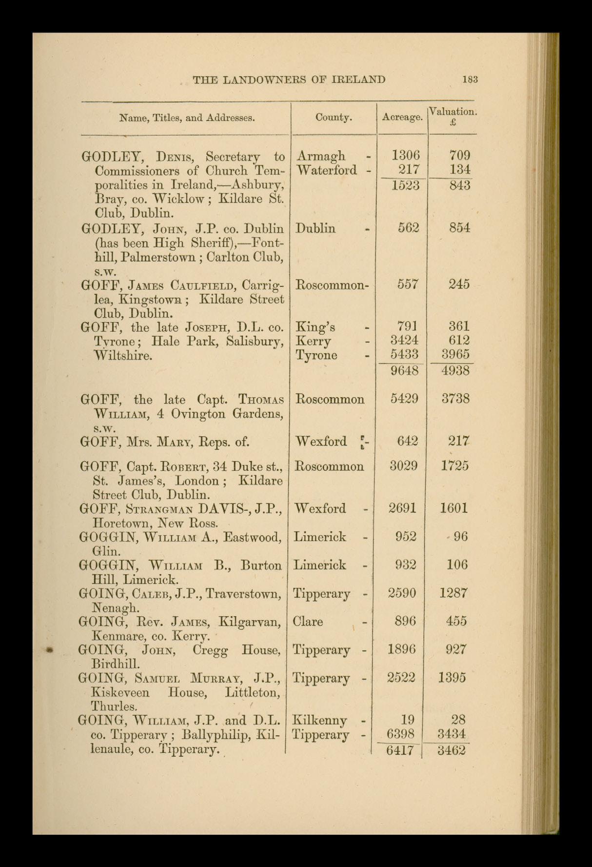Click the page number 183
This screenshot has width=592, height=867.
coord(470,80)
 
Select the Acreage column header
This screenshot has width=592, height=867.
coord(402,118)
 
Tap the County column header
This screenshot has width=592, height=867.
coord(334,118)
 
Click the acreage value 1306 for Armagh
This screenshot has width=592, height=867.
coord(406,156)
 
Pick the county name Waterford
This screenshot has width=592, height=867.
coord(327,170)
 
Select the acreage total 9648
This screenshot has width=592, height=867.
coord(404,371)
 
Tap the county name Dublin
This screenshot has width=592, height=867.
coord(316,228)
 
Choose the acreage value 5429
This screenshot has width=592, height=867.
coord(404,399)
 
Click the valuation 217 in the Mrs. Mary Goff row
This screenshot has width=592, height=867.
coord(459,441)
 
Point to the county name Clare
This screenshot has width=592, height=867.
coord(308,622)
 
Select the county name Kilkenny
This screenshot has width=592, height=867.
coord(319,720)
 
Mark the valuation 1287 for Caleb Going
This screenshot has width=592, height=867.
coord(454,593)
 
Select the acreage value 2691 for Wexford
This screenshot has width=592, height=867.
coord(403,508)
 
